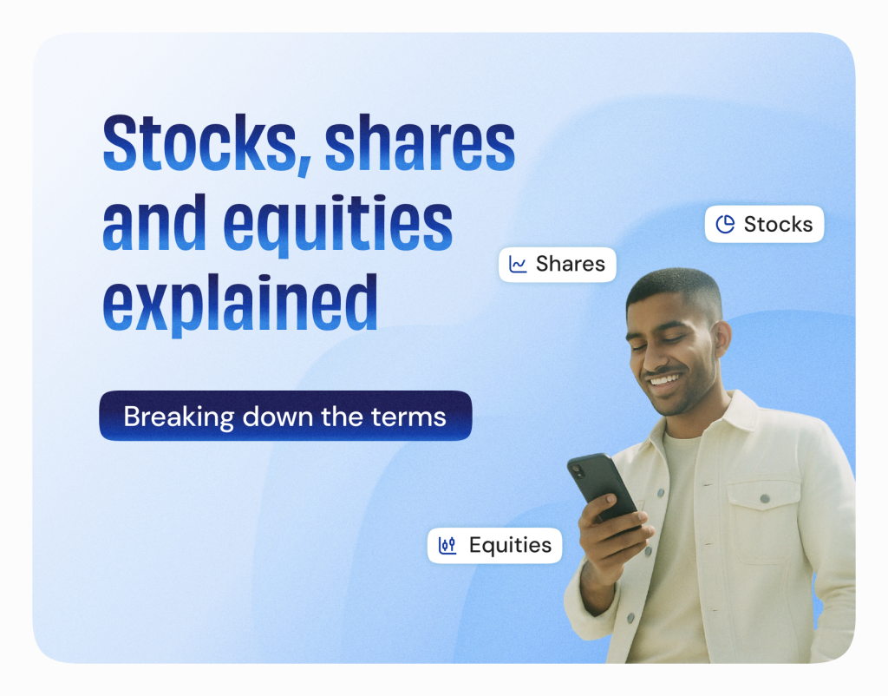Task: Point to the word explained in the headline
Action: [x=240, y=305]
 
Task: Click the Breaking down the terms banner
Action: [x=285, y=416]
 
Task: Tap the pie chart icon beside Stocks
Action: [x=725, y=224]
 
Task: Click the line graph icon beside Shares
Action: [x=518, y=264]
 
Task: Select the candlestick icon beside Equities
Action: [x=447, y=545]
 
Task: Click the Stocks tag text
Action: [x=778, y=225]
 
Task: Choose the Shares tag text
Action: [x=571, y=264]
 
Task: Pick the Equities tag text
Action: [x=510, y=545]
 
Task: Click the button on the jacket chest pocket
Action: [x=765, y=499]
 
